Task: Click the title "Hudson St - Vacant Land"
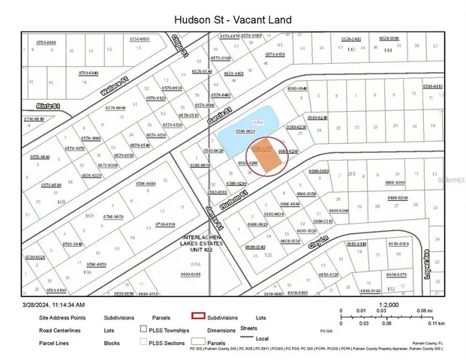click(x=233, y=18)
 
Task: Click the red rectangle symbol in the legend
click(x=198, y=317)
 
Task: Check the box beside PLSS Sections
click(x=143, y=343)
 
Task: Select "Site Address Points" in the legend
click(x=64, y=318)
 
